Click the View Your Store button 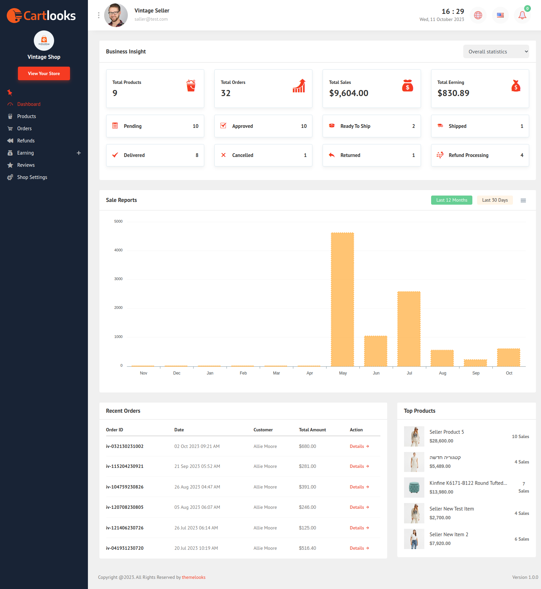pyautogui.click(x=44, y=73)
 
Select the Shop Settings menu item pyautogui.click(x=32, y=177)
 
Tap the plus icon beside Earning pyautogui.click(x=79, y=153)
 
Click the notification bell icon pyautogui.click(x=522, y=15)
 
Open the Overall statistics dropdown pyautogui.click(x=496, y=52)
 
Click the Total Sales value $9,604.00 pyautogui.click(x=349, y=93)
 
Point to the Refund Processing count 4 pyautogui.click(x=522, y=155)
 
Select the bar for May pyautogui.click(x=343, y=299)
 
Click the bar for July pyautogui.click(x=409, y=329)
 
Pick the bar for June pyautogui.click(x=376, y=351)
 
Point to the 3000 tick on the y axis pyautogui.click(x=118, y=279)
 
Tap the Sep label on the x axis pyautogui.click(x=476, y=373)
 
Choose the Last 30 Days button pyautogui.click(x=495, y=200)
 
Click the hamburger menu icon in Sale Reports pyautogui.click(x=523, y=201)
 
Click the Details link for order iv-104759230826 pyautogui.click(x=359, y=487)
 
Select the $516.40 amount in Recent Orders pyautogui.click(x=307, y=548)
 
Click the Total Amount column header pyautogui.click(x=312, y=430)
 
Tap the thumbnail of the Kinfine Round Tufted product pyautogui.click(x=414, y=488)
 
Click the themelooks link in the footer pyautogui.click(x=194, y=577)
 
